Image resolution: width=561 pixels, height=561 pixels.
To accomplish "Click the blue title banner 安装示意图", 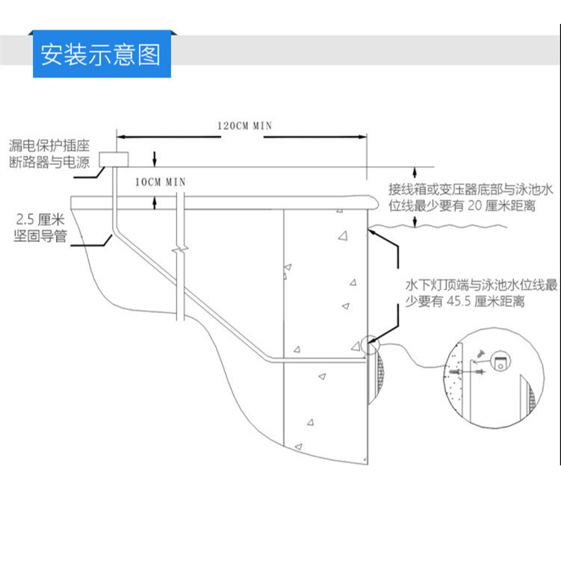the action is click(x=102, y=54).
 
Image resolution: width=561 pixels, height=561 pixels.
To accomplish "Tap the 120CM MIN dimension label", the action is click(x=245, y=126).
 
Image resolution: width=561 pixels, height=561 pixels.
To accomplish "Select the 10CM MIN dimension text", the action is click(x=161, y=182).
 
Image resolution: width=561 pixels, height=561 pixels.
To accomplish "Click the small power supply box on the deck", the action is click(x=114, y=159).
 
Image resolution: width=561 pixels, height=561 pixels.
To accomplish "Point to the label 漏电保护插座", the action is click(x=49, y=146).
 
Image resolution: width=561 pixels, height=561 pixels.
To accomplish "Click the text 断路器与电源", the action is click(x=49, y=162).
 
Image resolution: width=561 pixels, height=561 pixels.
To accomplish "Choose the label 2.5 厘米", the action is click(x=40, y=219).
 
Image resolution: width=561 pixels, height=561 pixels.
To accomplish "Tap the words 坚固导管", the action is click(x=40, y=236).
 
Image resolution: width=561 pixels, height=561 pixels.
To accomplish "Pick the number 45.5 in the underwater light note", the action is click(x=459, y=301).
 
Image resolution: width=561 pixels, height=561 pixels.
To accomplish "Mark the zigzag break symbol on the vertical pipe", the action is click(x=180, y=249).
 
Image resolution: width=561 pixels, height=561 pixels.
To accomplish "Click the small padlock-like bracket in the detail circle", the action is click(x=500, y=361).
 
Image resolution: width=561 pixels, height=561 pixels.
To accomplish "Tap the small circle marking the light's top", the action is click(x=370, y=345).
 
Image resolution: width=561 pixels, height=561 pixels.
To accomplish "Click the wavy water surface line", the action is click(x=438, y=226).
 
